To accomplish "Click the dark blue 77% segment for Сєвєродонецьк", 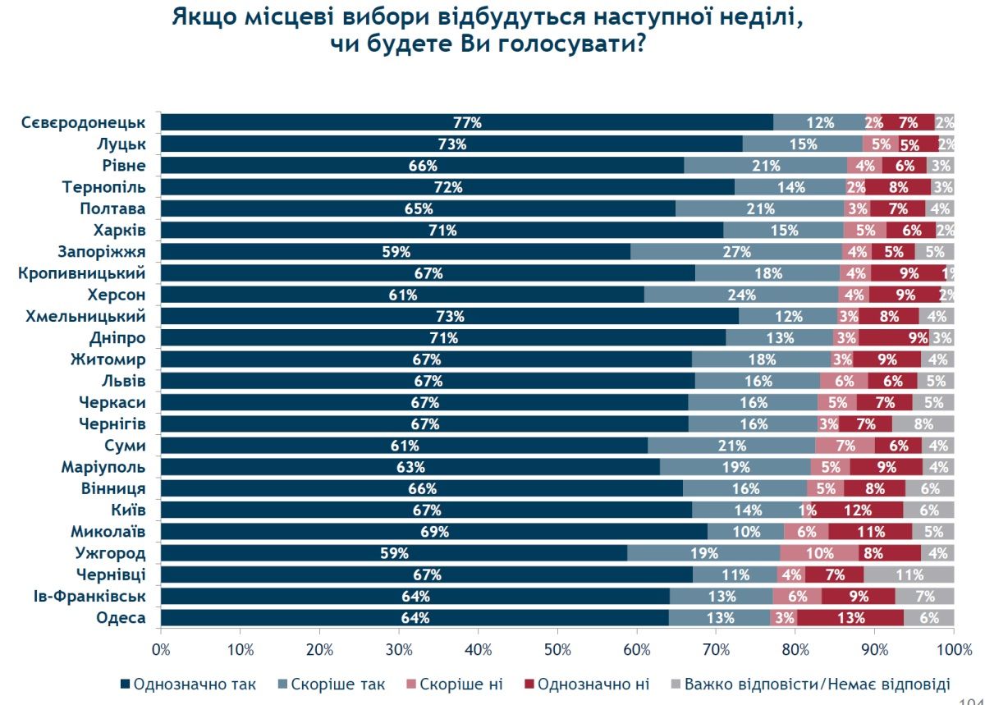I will tap(466, 123).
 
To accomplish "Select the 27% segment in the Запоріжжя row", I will tap(735, 252).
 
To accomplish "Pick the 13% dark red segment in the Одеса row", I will tap(850, 618).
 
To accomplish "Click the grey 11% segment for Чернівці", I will tap(909, 575).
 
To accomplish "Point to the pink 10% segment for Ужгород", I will tap(819, 553).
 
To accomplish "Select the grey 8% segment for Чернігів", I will tap(923, 424).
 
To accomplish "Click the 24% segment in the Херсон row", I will tap(740, 295).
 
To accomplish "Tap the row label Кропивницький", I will tap(82, 273).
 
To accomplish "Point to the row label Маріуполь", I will tap(103, 467).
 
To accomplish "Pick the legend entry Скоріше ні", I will tap(459, 684).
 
